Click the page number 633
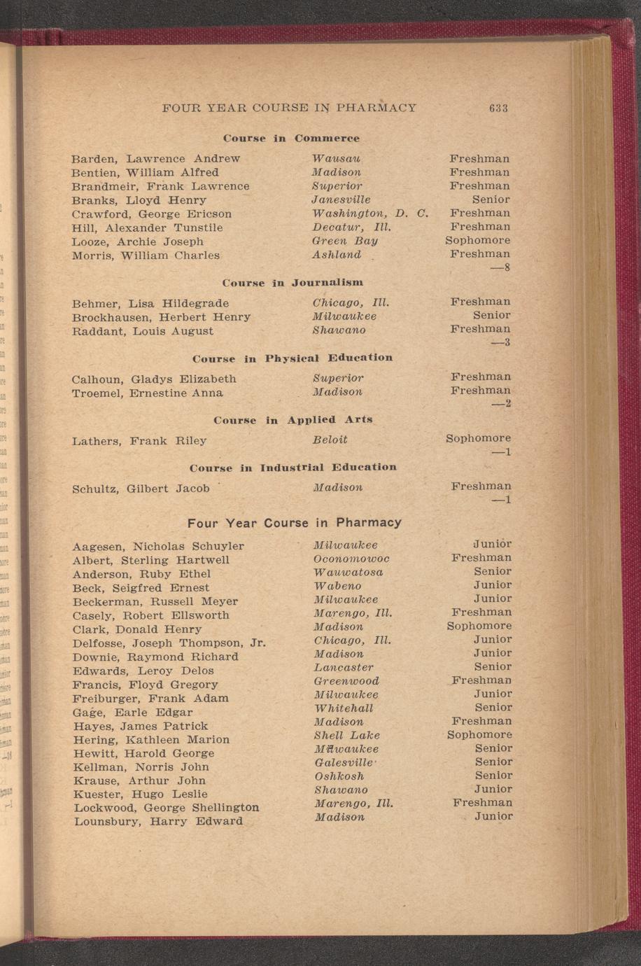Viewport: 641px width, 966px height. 498,108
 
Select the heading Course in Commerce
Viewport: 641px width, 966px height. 291,139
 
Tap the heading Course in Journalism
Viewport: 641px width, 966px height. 293,283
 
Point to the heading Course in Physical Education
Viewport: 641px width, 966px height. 293,358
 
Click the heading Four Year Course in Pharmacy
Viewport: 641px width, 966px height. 295,523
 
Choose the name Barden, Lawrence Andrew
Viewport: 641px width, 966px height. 156,159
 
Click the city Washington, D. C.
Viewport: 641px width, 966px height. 369,213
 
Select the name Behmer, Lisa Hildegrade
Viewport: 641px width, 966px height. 150,304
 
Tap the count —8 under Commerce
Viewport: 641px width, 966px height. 501,268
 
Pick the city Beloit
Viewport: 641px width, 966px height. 330,440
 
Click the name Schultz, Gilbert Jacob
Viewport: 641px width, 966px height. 141,489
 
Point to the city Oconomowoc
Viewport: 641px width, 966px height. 351,559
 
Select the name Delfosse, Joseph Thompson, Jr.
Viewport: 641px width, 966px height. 169,643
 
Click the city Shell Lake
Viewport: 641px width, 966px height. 346,735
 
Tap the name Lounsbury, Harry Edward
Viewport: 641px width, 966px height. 158,821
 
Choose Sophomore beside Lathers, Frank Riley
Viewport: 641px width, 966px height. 478,438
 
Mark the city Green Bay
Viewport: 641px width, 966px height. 345,241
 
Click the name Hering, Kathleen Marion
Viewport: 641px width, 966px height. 150,739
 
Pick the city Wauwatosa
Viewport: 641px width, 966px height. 348,572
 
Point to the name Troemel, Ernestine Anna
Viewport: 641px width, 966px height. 148,393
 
